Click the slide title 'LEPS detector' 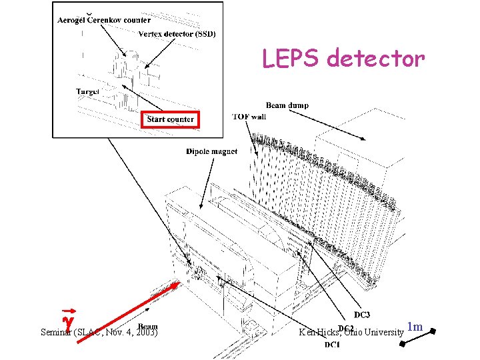(343, 59)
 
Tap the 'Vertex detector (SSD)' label (177, 34)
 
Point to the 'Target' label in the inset (87, 91)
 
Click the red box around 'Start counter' (171, 119)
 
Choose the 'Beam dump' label (287, 105)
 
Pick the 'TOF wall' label (248, 117)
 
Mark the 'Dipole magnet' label (211, 151)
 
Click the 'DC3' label (362, 315)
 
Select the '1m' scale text (415, 327)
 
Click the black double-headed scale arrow (418, 337)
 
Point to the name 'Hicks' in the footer (329, 331)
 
